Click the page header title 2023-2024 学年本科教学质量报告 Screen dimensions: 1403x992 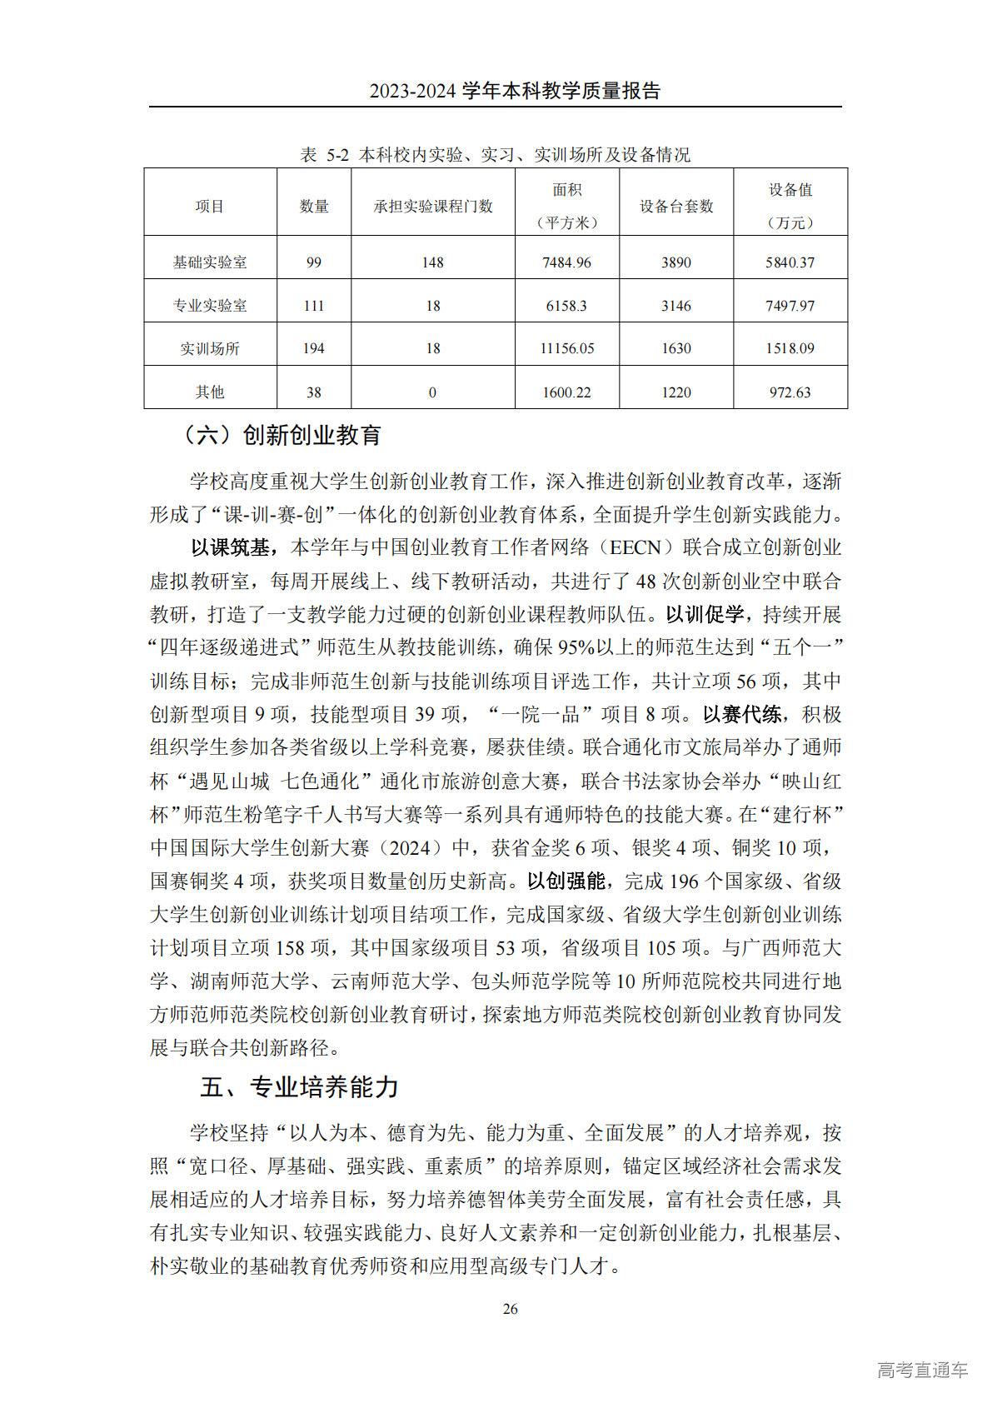point(515,91)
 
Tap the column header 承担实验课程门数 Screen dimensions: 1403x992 point(432,206)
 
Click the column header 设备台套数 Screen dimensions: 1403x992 point(675,206)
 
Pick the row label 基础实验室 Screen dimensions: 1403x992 point(209,262)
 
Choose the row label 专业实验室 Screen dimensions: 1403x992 point(209,306)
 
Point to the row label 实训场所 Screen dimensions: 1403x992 point(209,348)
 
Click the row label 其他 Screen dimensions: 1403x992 point(209,392)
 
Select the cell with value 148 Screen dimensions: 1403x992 point(432,262)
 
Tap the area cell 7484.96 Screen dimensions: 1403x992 point(566,262)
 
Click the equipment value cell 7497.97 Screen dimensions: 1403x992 point(790,306)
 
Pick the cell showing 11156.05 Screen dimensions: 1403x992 point(566,348)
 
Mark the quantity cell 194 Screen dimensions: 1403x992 point(313,348)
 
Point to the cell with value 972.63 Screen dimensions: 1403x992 point(790,392)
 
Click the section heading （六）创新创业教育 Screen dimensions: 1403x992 point(282,435)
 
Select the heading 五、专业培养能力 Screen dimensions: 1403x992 point(299,1087)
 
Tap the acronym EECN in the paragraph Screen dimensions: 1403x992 point(636,547)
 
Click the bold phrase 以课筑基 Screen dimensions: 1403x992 point(231,547)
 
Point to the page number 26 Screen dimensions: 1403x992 point(510,1308)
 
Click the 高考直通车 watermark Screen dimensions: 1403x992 point(922,1369)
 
